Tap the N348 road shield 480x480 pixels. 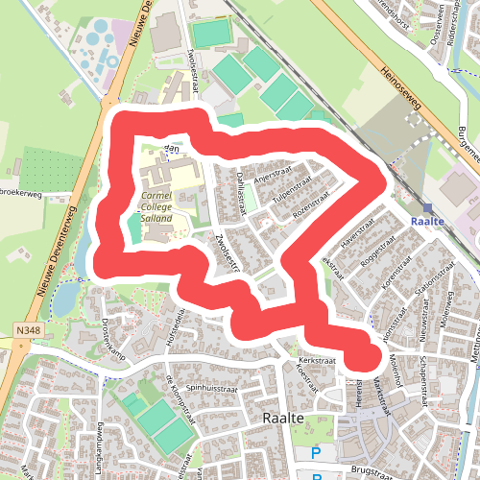(27, 330)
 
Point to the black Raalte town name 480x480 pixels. (283, 419)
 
